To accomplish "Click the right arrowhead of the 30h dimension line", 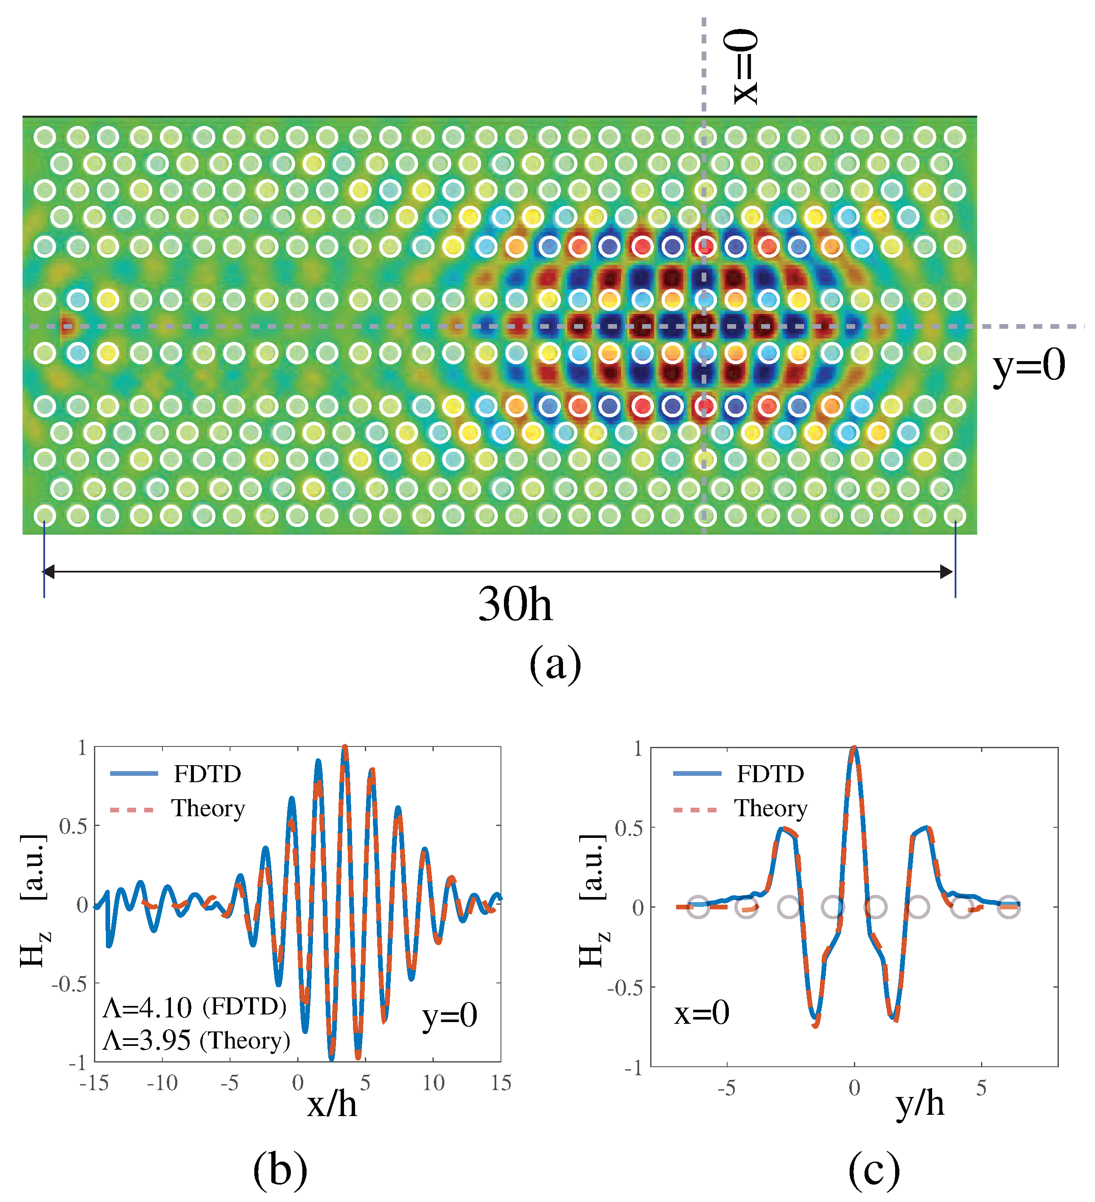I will [x=946, y=572].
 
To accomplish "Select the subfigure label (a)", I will [x=555, y=664].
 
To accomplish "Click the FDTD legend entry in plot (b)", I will [x=207, y=774].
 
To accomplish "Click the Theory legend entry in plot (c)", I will [x=771, y=809].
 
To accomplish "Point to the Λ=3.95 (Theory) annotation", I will [x=196, y=1040].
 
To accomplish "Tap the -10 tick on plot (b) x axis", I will [x=162, y=1082].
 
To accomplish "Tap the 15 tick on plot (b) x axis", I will [x=501, y=1082].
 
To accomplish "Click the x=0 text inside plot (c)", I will [x=702, y=1012].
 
